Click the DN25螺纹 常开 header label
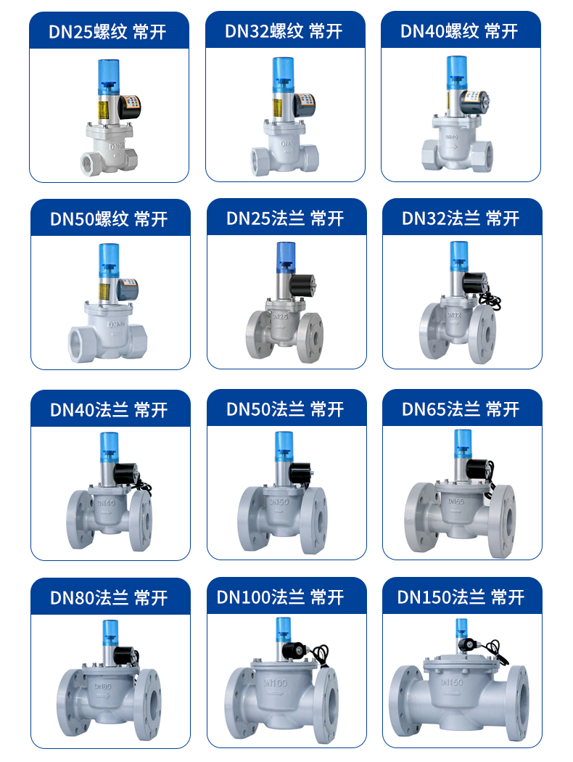107,32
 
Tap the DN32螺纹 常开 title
284,32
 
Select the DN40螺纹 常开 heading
459,32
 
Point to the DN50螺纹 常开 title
109,219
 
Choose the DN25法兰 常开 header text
285,218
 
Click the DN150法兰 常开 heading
461,597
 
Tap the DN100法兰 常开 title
280,597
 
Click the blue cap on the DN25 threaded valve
108,77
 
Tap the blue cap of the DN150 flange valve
462,628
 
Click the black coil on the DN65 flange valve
479,469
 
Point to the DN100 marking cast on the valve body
276,684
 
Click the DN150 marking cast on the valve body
452,682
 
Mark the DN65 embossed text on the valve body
456,501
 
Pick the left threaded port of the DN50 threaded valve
79,345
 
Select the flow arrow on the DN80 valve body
103,696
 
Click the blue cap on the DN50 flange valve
284,447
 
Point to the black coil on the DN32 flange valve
475,283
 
